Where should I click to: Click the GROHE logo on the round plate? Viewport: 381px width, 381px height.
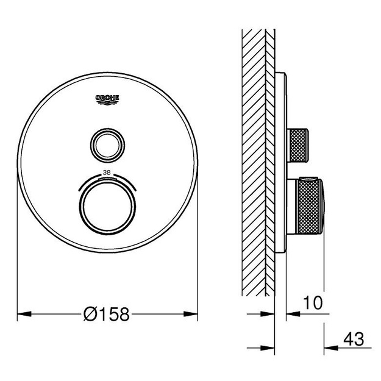[107, 99]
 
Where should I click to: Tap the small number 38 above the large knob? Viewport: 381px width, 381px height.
[107, 173]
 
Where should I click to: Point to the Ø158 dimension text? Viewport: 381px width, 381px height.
[107, 314]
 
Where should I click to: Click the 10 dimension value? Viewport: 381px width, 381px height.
[313, 302]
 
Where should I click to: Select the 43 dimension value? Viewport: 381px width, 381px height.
[354, 339]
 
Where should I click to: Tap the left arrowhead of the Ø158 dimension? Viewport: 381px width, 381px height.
[24, 314]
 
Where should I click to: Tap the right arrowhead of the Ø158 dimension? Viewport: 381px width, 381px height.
[190, 314]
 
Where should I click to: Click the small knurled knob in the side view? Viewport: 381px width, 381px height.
[298, 145]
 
